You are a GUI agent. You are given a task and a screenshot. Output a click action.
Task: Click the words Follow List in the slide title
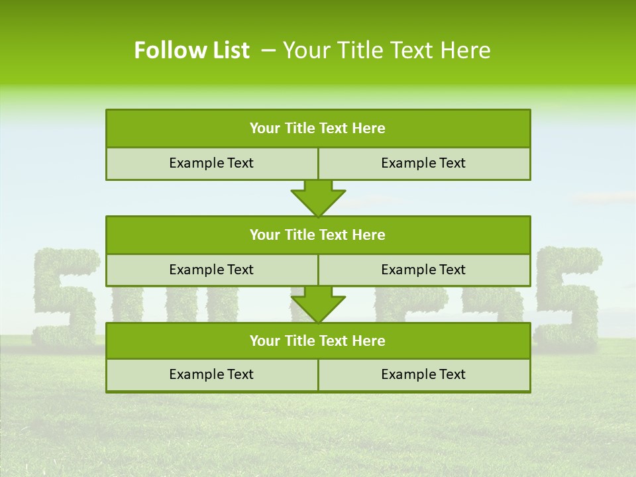(x=191, y=50)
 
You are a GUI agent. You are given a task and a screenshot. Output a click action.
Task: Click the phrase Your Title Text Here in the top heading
(x=387, y=50)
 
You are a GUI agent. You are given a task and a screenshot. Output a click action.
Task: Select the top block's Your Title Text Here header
(x=317, y=129)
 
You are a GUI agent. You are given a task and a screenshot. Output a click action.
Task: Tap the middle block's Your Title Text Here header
(x=317, y=235)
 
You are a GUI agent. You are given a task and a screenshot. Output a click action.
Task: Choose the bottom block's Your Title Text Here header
(x=317, y=341)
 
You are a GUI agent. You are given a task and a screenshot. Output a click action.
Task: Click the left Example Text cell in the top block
(x=211, y=163)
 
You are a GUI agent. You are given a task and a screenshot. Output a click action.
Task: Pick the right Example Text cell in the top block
(x=423, y=163)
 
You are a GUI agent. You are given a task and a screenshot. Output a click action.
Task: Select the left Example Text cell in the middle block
(x=211, y=270)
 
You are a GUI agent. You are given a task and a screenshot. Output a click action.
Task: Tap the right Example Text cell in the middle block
(x=423, y=270)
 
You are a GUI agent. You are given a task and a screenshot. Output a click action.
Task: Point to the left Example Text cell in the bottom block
(x=211, y=374)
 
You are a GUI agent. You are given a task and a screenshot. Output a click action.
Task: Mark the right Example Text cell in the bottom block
(x=423, y=374)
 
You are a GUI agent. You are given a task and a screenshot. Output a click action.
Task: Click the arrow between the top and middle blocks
(x=318, y=197)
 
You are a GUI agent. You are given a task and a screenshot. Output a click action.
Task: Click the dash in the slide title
(x=269, y=50)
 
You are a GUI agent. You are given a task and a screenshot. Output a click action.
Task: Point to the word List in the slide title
(x=228, y=50)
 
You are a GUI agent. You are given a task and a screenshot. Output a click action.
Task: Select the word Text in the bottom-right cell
(x=452, y=374)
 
